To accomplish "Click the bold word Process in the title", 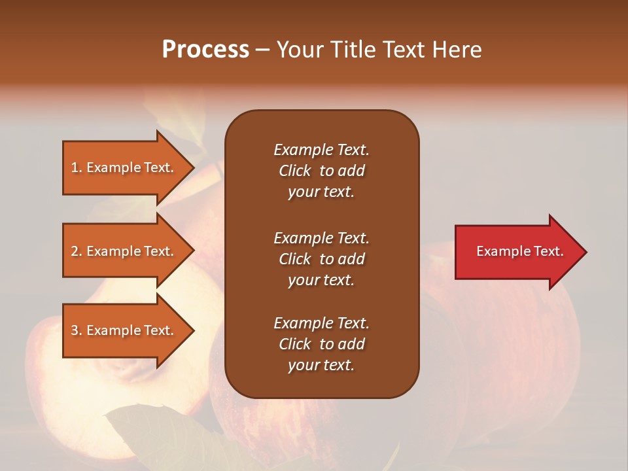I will click(205, 50).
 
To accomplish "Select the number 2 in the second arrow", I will click(75, 251).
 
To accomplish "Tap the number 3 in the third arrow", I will click(75, 330).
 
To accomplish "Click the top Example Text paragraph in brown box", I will click(321, 171).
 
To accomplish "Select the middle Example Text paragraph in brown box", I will click(321, 258).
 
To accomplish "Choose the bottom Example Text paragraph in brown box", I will click(321, 344).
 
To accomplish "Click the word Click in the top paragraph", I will click(294, 171).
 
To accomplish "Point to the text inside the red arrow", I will click(519, 251).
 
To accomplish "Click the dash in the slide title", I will click(262, 50).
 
